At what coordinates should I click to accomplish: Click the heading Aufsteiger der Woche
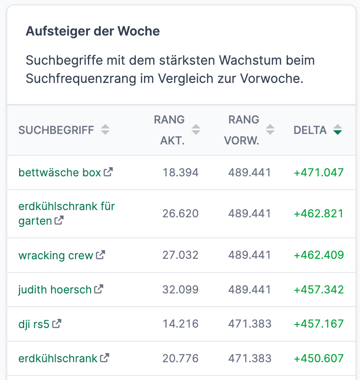93,31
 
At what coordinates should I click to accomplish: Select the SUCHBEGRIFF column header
56,130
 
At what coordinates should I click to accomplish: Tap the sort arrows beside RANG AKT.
196,130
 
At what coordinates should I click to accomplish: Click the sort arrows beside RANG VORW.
270,130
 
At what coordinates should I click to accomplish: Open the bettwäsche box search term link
59,173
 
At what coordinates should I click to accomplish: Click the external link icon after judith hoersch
98,289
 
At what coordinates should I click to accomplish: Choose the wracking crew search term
55,255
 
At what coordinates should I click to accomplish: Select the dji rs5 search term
33,324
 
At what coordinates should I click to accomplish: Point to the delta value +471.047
319,173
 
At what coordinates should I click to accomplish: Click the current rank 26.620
180,214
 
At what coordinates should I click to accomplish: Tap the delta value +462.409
319,255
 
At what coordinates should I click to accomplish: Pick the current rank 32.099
180,290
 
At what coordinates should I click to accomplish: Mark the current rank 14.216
180,324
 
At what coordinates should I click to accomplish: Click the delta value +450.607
319,359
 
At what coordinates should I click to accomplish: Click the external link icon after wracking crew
100,255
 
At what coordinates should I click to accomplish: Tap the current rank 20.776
180,359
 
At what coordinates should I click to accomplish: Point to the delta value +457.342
319,290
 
